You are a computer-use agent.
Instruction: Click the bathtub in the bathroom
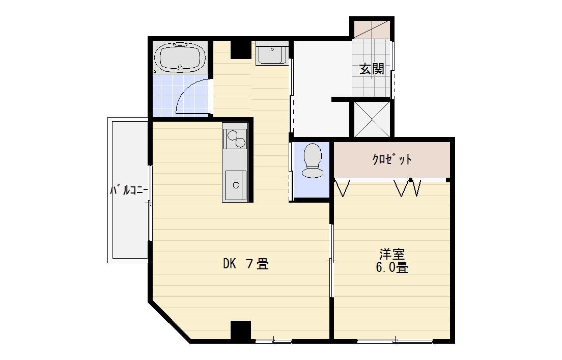point(180,58)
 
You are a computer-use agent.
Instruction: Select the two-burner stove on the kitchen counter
point(235,139)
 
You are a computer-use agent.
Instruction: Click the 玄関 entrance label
point(372,69)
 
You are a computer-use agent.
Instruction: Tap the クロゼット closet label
point(392,159)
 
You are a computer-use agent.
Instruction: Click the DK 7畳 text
point(245,264)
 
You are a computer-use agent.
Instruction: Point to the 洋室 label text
point(392,254)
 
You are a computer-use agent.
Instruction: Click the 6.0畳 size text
point(392,267)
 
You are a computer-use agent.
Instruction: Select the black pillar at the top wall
point(241,49)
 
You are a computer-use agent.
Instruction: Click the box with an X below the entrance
point(372,119)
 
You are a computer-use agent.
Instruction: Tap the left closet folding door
point(343,187)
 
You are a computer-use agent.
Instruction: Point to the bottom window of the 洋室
point(395,341)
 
